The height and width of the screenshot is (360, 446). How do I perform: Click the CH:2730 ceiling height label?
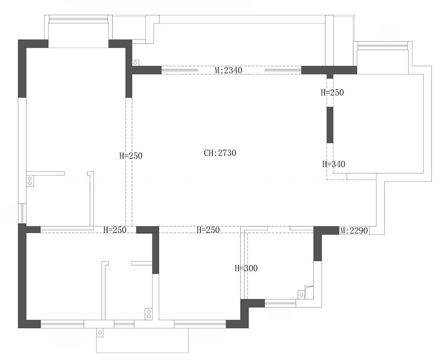click(x=220, y=153)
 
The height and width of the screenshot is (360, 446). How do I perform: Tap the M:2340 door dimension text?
click(x=228, y=70)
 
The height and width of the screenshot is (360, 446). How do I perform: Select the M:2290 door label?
click(x=354, y=231)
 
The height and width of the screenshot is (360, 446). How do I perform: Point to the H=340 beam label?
click(x=334, y=164)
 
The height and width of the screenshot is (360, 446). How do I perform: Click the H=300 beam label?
click(x=246, y=268)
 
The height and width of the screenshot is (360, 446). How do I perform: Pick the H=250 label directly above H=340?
click(x=332, y=92)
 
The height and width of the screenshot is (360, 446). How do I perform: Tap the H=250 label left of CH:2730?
click(x=131, y=155)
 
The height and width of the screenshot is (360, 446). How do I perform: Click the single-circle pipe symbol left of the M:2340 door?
click(x=136, y=63)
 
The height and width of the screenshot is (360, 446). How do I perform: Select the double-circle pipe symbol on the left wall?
click(x=29, y=181)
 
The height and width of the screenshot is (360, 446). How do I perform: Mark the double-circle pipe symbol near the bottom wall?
click(x=148, y=314)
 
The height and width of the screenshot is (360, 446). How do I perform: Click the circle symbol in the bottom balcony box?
click(x=100, y=333)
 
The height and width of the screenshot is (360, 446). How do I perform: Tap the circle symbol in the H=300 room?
click(x=301, y=295)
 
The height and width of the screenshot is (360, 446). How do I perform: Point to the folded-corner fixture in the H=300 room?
click(x=309, y=292)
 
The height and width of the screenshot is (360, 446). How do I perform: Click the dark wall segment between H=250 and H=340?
click(x=330, y=125)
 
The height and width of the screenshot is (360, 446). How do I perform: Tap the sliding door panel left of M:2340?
click(x=180, y=70)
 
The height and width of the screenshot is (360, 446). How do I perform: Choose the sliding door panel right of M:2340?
click(x=283, y=70)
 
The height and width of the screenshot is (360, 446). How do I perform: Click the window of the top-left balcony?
click(x=78, y=19)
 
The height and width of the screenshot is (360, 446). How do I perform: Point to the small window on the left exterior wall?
click(x=22, y=213)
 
